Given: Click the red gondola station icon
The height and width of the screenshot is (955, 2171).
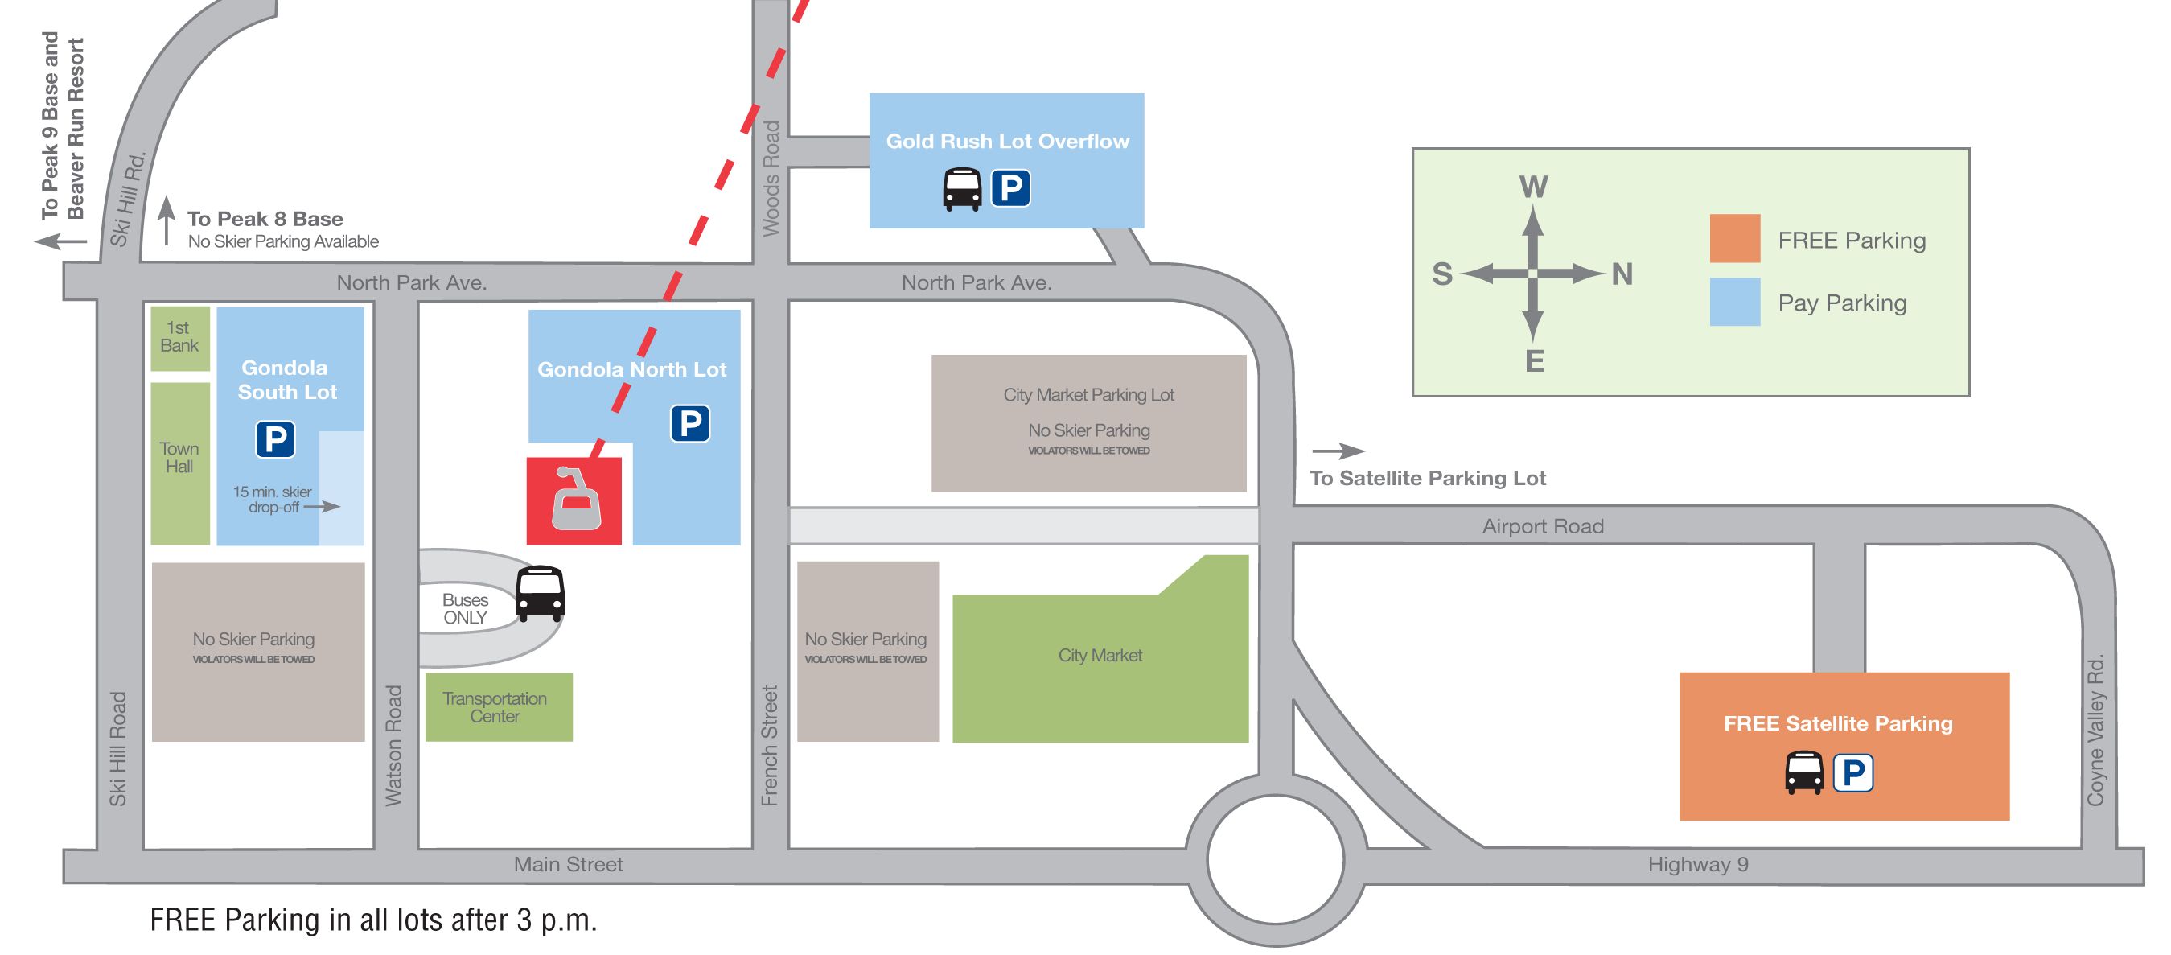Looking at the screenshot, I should click(x=575, y=500).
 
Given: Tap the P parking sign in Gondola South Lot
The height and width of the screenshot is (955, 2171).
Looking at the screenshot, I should click(x=276, y=439).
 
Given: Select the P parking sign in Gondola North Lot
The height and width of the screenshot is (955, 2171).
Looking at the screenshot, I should click(x=690, y=423).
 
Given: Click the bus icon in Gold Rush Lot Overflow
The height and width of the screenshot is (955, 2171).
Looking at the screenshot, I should click(x=961, y=189).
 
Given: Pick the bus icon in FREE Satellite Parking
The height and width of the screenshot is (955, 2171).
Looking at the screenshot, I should click(x=1804, y=773).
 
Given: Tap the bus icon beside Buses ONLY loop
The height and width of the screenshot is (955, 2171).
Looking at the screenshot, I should click(x=540, y=594).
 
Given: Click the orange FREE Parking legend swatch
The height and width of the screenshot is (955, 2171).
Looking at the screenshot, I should click(x=1734, y=238).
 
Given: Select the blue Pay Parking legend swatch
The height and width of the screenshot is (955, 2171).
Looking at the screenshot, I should click(x=1734, y=302).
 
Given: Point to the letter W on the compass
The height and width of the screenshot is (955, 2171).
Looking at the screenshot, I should click(x=1533, y=187).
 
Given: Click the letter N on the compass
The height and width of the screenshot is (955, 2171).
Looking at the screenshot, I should click(x=1622, y=274).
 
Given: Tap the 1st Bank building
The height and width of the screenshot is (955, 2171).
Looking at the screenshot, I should click(x=179, y=338).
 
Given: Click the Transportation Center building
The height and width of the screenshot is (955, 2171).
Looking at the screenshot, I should click(x=498, y=707).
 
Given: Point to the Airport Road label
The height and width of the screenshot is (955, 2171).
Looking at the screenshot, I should click(x=1542, y=526).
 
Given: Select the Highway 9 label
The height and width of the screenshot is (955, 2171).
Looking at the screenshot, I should click(x=1697, y=864).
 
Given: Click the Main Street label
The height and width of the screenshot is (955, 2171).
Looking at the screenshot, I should click(x=568, y=864).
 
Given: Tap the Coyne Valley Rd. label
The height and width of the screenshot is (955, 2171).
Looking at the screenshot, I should click(x=2096, y=730).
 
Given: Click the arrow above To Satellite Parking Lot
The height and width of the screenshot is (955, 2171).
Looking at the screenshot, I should click(x=1338, y=451).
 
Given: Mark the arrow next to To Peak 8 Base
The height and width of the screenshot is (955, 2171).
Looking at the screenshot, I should click(x=167, y=220).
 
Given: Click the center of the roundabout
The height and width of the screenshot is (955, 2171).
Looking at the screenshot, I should click(x=1275, y=860).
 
